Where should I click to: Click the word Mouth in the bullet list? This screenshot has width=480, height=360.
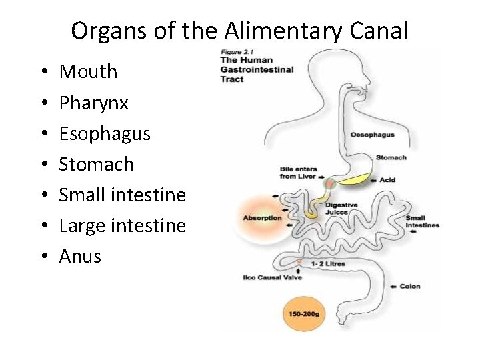click(88, 72)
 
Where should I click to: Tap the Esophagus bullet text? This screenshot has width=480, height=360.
click(105, 134)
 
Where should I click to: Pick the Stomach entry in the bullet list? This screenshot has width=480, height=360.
click(96, 165)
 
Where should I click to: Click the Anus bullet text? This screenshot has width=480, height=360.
click(80, 256)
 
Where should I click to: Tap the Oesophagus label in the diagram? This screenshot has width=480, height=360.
click(373, 135)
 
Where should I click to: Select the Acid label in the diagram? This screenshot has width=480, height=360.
click(387, 180)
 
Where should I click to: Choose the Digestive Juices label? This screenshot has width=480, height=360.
click(341, 209)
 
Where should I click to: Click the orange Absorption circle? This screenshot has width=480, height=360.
click(263, 217)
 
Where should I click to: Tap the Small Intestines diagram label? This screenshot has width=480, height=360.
click(423, 221)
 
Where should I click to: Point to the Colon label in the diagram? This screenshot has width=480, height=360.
click(410, 287)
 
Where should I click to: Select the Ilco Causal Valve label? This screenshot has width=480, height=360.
click(273, 277)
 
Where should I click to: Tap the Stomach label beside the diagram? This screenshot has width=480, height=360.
click(391, 158)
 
